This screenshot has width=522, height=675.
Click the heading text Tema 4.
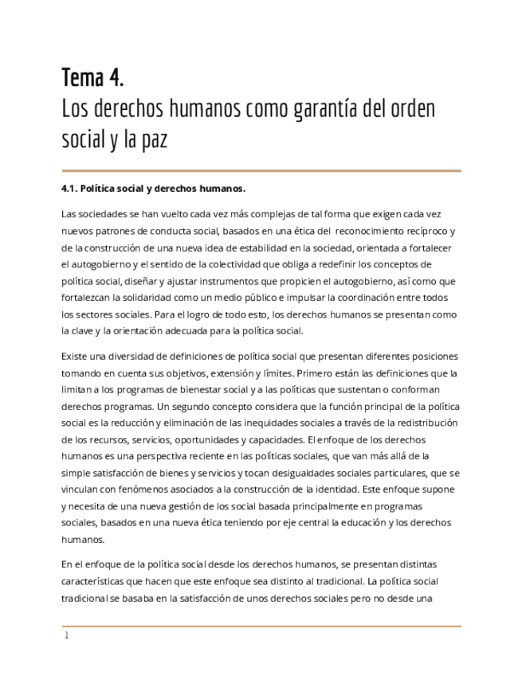pyautogui.click(x=92, y=78)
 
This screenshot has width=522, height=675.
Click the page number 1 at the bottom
pyautogui.click(x=67, y=636)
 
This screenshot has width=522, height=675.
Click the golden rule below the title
pyautogui.click(x=261, y=170)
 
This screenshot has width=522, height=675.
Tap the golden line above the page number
pyautogui.click(x=261, y=626)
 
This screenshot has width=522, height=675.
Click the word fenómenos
pyautogui.click(x=143, y=489)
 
